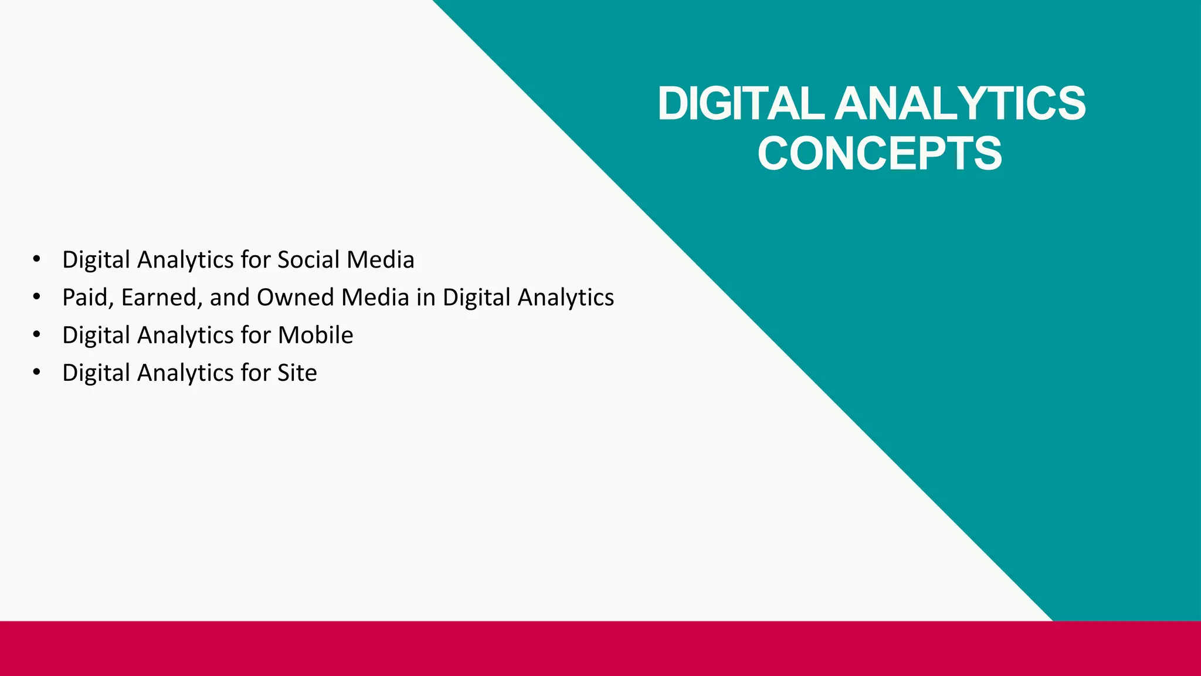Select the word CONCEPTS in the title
tap(880, 154)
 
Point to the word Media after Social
tap(381, 260)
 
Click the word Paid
tap(85, 298)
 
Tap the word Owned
tap(296, 298)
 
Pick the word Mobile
tap(315, 335)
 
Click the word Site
tap(297, 373)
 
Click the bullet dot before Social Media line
tap(37, 259)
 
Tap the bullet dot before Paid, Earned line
tap(37, 298)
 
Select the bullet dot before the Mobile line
tap(37, 335)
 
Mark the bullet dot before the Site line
tap(37, 373)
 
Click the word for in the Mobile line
tap(255, 335)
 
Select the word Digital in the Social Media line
tap(96, 260)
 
